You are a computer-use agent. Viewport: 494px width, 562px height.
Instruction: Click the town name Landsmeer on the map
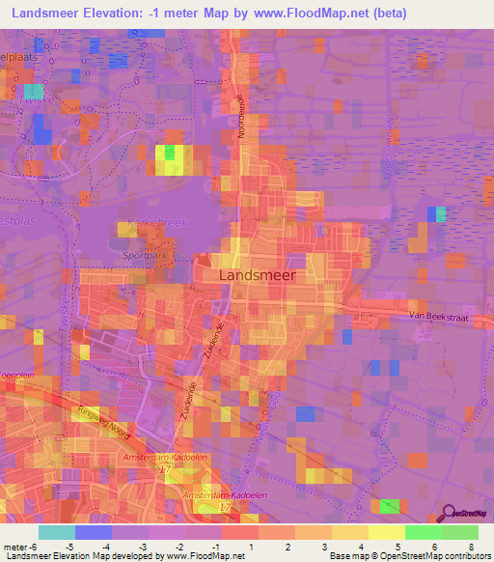coord(258,274)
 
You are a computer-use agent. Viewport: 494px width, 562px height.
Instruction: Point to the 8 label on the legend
coord(471,546)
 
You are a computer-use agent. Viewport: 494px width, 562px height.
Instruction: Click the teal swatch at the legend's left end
coord(57,532)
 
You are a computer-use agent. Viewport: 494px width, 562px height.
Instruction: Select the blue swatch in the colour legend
coord(94,532)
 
